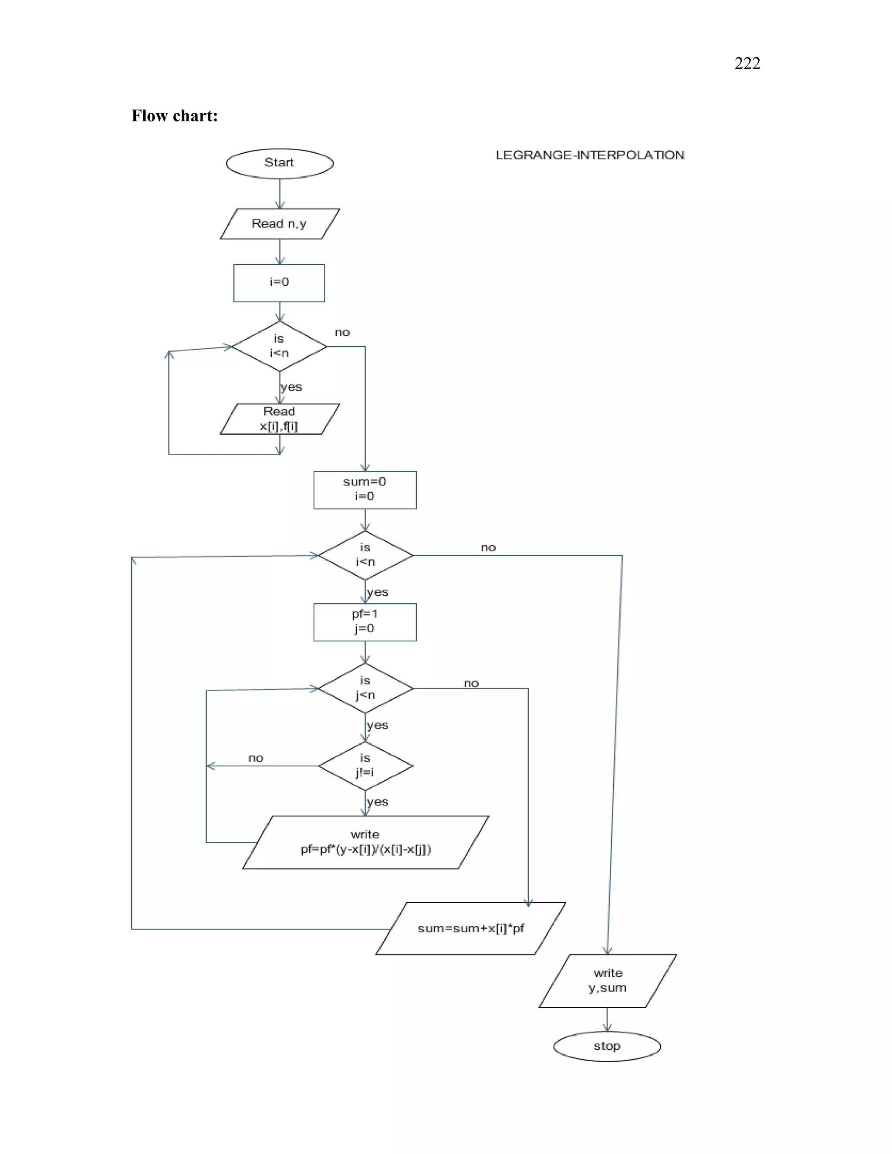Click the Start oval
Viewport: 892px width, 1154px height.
click(280, 163)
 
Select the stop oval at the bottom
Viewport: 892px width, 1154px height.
click(607, 1046)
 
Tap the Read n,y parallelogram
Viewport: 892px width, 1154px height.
click(280, 224)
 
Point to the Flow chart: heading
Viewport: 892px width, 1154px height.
click(174, 116)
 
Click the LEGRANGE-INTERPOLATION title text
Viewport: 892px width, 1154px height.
click(590, 155)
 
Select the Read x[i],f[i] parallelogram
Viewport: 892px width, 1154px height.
click(280, 419)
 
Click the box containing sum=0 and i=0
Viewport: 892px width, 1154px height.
click(365, 489)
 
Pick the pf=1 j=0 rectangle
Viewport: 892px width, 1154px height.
click(365, 622)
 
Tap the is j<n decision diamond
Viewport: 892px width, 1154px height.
click(365, 688)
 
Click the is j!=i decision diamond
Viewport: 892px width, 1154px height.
click(365, 766)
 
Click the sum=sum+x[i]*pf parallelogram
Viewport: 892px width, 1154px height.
click(470, 928)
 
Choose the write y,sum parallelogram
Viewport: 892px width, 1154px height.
click(607, 981)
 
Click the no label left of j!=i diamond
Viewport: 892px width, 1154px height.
click(256, 758)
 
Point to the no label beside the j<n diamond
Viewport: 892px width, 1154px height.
click(471, 683)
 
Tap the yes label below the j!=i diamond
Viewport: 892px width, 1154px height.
click(377, 802)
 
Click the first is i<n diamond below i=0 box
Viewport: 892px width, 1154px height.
click(279, 346)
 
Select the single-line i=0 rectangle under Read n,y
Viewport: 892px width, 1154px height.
click(279, 283)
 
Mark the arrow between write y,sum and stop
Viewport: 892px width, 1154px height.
click(607, 1019)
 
